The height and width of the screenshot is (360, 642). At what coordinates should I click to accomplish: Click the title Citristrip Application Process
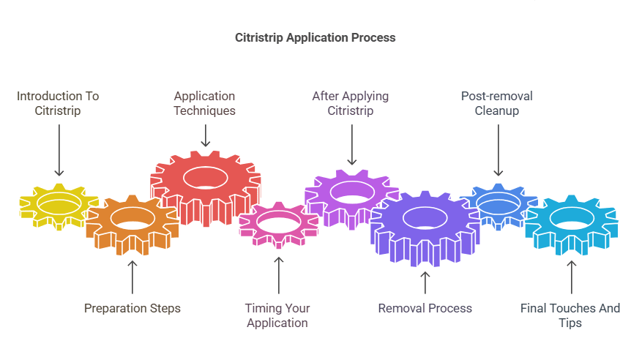[315, 37]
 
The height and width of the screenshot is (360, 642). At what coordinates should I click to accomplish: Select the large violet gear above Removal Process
[425, 226]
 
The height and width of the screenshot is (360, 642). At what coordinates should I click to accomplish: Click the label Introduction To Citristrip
[58, 103]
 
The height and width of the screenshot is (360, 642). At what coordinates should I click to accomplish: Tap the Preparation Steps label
[132, 308]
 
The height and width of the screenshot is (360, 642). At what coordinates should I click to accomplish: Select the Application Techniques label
[205, 103]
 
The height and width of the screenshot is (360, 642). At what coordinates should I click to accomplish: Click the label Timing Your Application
[277, 315]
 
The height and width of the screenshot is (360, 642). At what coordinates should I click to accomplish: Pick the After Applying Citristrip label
[351, 103]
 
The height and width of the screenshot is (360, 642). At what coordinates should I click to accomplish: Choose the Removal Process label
[425, 308]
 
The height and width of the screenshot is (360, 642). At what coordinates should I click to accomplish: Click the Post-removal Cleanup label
[497, 103]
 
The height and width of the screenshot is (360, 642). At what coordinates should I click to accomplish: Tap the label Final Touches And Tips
[570, 315]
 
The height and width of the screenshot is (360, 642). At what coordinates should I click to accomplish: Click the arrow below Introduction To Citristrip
[59, 150]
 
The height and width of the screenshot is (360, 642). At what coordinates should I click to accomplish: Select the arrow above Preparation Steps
[132, 277]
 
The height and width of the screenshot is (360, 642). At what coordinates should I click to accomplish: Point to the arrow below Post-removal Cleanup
[498, 150]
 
